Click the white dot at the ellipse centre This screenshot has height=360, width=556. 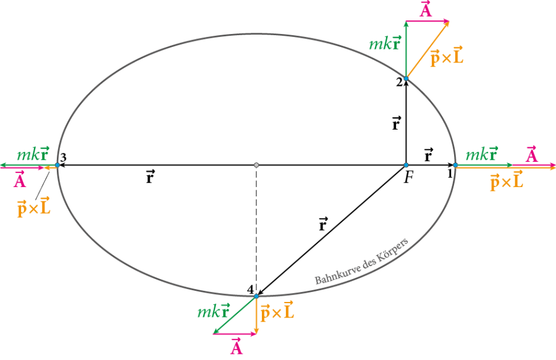[256, 165]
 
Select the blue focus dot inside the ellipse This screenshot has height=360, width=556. [406, 165]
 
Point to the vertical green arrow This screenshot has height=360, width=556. [406, 49]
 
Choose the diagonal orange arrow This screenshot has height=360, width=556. [428, 50]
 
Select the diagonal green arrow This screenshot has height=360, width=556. [235, 314]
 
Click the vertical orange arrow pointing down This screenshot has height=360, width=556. [256, 315]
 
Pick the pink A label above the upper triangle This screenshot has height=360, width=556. [426, 10]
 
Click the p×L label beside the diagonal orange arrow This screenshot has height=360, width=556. [447, 57]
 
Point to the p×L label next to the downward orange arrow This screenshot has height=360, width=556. [277, 312]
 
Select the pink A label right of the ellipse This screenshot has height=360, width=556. [531, 154]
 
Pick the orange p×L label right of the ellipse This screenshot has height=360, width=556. [506, 181]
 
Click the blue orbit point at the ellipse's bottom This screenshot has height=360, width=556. [256, 296]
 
